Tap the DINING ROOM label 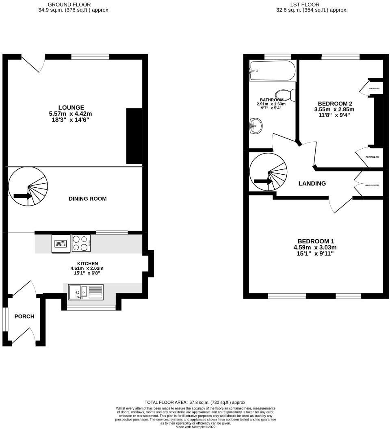coord(87,199)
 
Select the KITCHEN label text coord(87,264)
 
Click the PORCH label coord(24,316)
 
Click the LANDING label coord(312,184)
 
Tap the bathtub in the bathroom coord(272,70)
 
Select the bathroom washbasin coord(256,126)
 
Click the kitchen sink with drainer coord(86,292)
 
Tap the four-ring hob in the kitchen coord(81,243)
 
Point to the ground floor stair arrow coord(23,196)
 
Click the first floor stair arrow coord(263,182)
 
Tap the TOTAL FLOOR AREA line coord(195,402)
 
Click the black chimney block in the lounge coord(134,136)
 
